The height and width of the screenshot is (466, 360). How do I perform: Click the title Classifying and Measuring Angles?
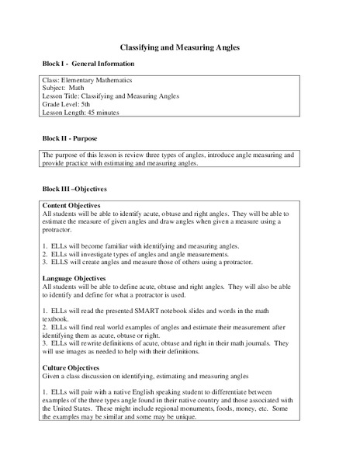[179, 47]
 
